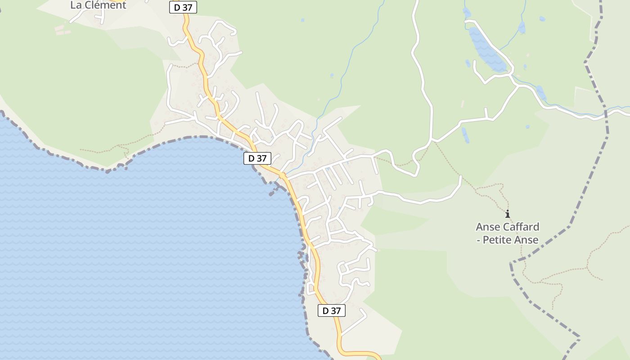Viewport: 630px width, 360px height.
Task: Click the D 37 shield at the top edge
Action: [x=183, y=7]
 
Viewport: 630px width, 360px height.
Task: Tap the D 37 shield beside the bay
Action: [x=257, y=158]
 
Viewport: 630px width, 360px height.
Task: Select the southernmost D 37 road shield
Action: [x=332, y=310]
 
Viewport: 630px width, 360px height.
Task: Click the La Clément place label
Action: [x=98, y=5]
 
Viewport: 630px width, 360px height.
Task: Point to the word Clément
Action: [x=105, y=5]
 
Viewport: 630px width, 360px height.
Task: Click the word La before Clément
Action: [x=76, y=5]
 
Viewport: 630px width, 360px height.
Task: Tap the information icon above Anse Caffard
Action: [x=508, y=214]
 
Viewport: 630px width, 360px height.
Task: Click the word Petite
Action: [x=500, y=240]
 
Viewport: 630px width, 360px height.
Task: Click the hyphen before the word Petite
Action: [x=478, y=240]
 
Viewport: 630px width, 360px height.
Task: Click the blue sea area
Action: [x=135, y=247]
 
